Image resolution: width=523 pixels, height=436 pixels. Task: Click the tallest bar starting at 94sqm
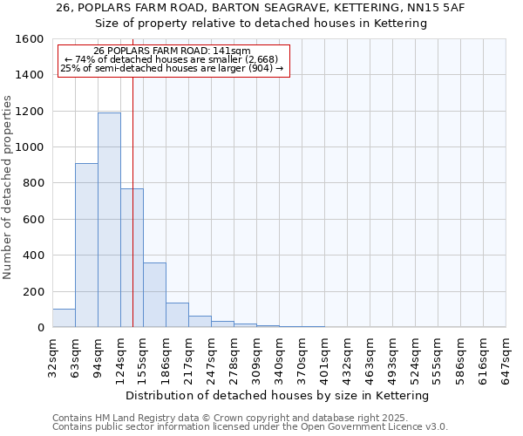tap(109, 220)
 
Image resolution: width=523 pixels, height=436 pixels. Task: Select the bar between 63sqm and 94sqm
tap(86, 245)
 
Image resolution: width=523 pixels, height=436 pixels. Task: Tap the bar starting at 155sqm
tap(154, 295)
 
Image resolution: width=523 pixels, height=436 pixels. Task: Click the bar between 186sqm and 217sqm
tap(177, 315)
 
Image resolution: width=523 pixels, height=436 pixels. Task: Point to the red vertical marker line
tap(132, 218)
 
